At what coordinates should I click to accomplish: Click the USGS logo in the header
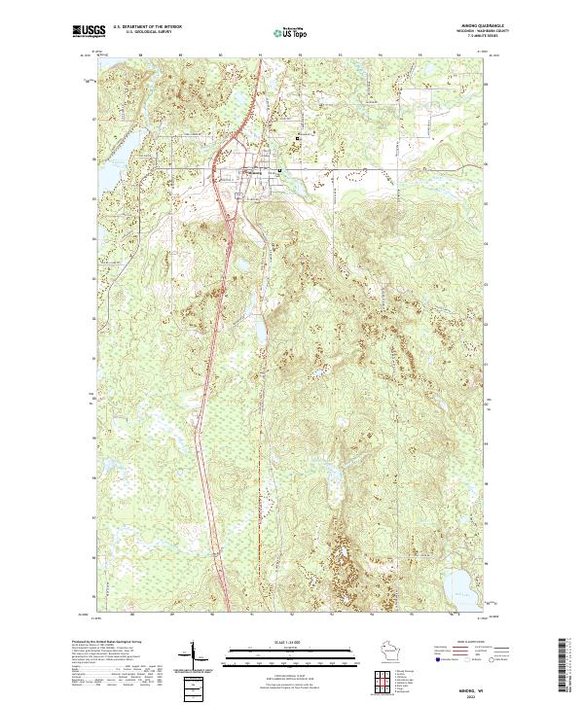(89, 32)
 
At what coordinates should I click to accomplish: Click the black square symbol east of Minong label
(280, 171)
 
